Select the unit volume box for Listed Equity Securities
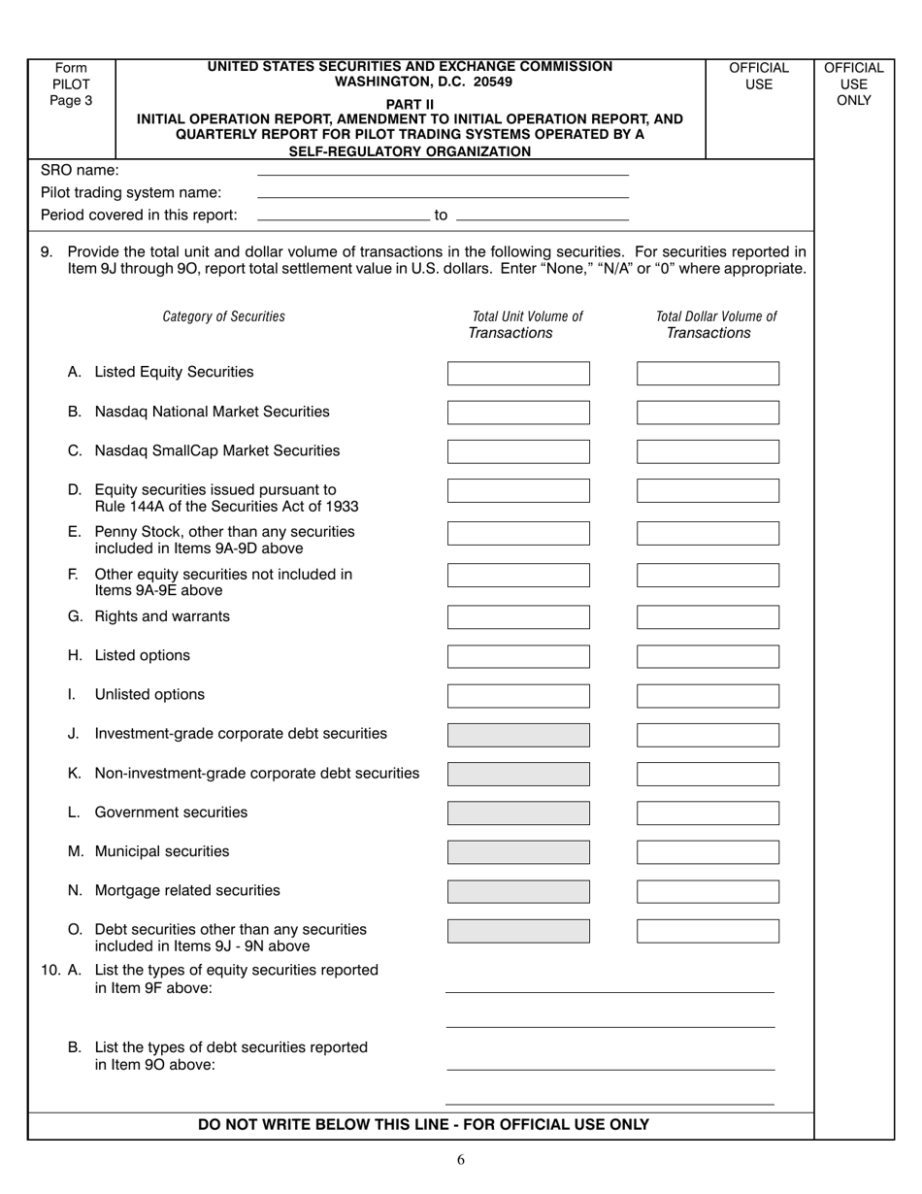518,374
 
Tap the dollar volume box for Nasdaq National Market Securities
708,413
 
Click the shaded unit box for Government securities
518,813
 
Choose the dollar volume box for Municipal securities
708,852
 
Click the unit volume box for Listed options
518,656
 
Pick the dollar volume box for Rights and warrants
708,617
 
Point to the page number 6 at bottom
461,1158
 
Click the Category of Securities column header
224,316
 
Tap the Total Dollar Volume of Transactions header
715,325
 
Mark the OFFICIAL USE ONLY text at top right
854,83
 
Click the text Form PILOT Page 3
71,83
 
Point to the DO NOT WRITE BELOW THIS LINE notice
423,1125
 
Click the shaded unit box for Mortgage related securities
518,891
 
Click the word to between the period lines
441,215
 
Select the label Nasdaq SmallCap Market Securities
217,451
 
